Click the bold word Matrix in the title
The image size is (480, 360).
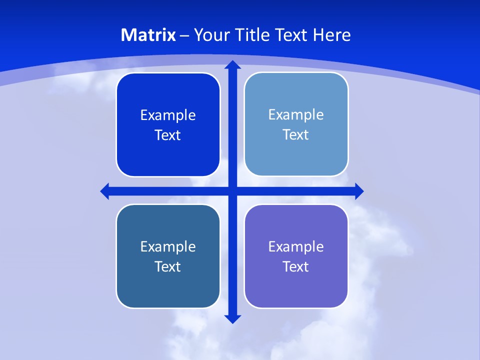tap(148, 35)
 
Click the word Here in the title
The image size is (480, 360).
tap(332, 35)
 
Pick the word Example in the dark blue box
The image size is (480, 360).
tap(168, 115)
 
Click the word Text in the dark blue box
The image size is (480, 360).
tap(168, 135)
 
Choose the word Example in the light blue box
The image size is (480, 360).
tap(296, 115)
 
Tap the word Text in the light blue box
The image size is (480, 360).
tap(296, 135)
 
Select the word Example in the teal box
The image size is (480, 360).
tap(168, 246)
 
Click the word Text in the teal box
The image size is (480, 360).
tap(168, 266)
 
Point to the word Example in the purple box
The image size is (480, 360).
tap(296, 246)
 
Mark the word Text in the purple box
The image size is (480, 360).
tap(296, 266)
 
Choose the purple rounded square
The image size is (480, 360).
tap(296, 290)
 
